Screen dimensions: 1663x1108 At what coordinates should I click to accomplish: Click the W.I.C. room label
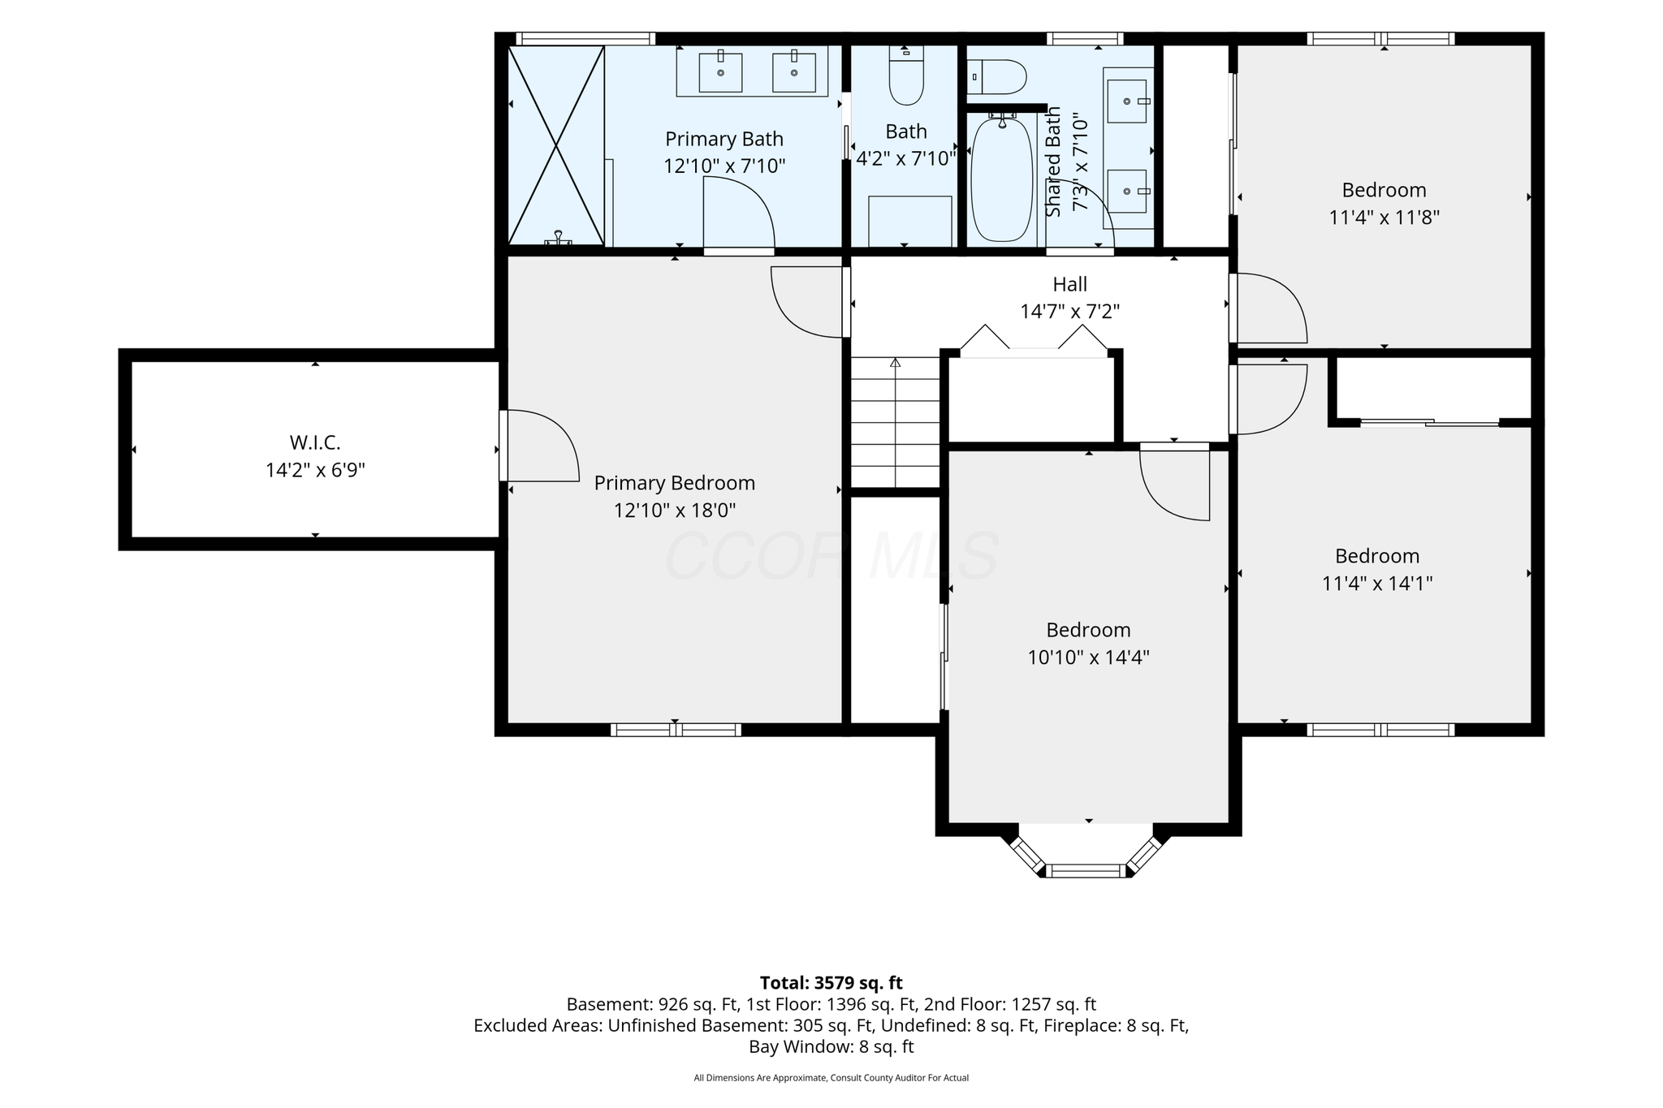tap(315, 443)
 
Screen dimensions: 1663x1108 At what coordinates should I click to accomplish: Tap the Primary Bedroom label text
tap(675, 484)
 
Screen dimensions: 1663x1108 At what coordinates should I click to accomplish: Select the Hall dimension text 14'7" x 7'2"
tap(1069, 312)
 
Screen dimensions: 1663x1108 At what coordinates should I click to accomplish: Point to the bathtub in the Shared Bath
tap(1002, 179)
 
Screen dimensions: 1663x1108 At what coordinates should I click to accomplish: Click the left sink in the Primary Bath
tap(720, 72)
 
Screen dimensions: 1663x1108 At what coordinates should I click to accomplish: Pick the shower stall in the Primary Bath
tap(556, 144)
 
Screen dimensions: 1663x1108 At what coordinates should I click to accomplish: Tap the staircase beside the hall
tap(895, 422)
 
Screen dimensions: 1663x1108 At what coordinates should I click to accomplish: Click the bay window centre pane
tap(1086, 871)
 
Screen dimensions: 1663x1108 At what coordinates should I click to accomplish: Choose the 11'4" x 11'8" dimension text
tap(1384, 218)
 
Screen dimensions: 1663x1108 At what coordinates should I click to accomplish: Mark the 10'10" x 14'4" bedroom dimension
tap(1088, 657)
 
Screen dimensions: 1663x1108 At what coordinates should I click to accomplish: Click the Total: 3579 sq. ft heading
tap(831, 983)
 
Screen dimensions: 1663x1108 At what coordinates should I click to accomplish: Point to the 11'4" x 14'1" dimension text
tap(1377, 584)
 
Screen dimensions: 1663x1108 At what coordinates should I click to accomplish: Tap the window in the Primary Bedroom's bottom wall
tap(676, 730)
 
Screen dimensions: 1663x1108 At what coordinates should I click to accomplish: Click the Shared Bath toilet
tap(997, 77)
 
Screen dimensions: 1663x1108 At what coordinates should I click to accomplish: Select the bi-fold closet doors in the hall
tap(1034, 341)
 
